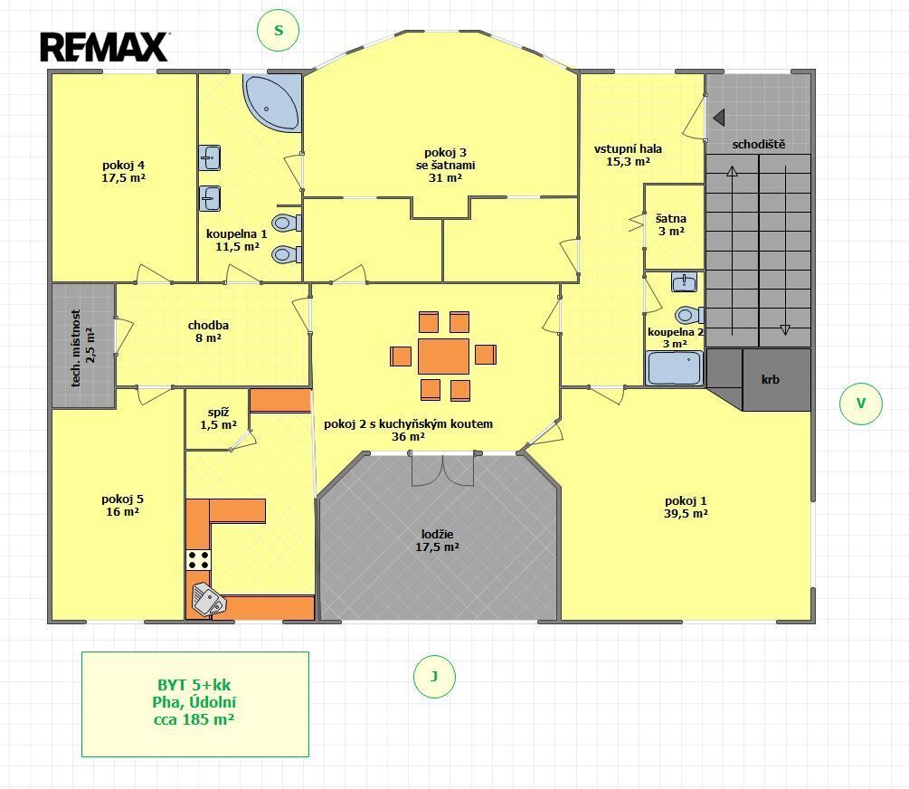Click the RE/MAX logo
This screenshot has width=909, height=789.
click(x=104, y=47)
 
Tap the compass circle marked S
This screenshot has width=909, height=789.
click(x=279, y=30)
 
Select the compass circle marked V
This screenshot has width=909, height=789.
click(x=861, y=404)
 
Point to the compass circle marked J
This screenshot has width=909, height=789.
click(x=434, y=677)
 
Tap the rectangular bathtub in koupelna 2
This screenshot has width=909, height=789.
click(x=675, y=368)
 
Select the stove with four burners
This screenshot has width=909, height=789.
click(x=198, y=560)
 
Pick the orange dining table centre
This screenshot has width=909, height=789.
click(x=443, y=356)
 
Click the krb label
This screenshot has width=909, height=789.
click(x=771, y=379)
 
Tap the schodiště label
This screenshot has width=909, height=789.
click(x=758, y=145)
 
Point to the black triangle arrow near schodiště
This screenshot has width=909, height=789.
click(x=719, y=118)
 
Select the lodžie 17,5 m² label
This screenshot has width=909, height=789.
click(x=437, y=540)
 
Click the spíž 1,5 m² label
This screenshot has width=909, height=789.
click(x=219, y=418)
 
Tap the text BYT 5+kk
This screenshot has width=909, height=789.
click(x=194, y=685)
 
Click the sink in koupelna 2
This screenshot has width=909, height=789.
click(x=684, y=282)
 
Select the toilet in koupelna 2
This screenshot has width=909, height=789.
click(x=689, y=315)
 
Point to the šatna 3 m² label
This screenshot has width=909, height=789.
click(x=671, y=224)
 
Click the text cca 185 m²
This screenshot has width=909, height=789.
click(x=194, y=719)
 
